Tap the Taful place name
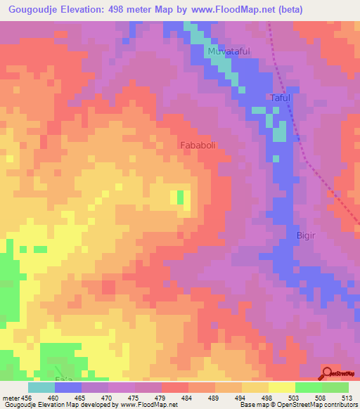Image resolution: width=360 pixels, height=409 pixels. coord(281,98)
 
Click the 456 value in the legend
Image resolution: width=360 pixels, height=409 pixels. coord(27,397)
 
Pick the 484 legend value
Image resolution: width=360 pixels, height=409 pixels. coord(174,397)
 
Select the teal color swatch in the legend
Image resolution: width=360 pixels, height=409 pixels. coord(41,387)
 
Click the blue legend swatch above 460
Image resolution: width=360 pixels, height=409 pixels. coord(67,387)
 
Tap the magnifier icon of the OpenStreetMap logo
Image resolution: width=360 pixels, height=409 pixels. coord(328,372)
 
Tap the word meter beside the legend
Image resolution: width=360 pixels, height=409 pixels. coord(11,397)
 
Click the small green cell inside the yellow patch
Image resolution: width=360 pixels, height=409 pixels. coord(180,197)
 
